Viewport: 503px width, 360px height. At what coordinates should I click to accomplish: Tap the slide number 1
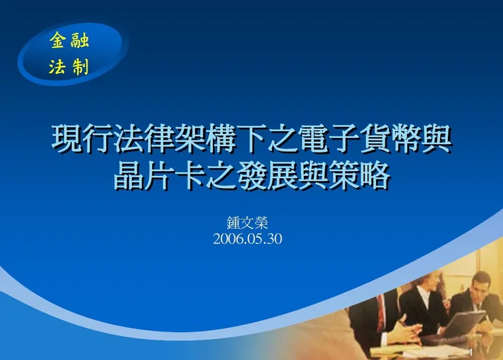pos(470,353)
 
